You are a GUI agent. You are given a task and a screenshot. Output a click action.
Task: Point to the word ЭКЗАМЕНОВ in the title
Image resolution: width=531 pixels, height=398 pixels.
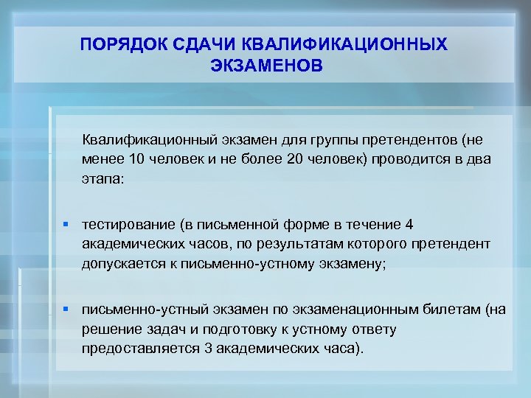266,66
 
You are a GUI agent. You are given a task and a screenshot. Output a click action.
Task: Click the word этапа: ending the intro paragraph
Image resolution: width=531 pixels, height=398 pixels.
104,178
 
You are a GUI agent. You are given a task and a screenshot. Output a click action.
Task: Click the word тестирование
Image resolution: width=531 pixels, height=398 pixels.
129,224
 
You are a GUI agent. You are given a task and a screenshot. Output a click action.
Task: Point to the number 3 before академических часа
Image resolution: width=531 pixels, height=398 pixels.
208,349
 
